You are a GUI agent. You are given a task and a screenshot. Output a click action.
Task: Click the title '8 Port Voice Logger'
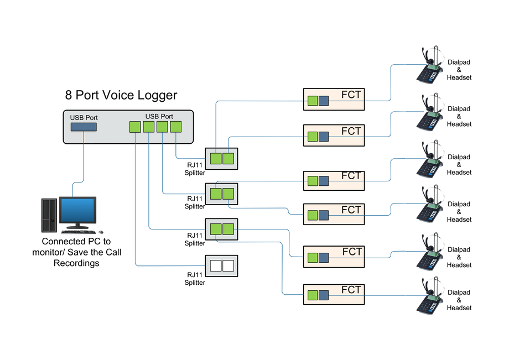point(121,95)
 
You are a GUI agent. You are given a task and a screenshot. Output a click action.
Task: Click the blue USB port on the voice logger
point(84,127)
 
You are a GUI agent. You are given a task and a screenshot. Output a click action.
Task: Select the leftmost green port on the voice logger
point(135,127)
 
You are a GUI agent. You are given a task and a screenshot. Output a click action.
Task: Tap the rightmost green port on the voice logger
point(176,127)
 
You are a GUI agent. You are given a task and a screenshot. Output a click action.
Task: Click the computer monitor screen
point(77,210)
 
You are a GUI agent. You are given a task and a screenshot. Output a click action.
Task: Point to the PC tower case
point(49,215)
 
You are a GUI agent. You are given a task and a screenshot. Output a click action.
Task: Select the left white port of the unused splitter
point(215,265)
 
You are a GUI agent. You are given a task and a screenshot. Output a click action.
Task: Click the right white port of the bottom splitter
point(228,265)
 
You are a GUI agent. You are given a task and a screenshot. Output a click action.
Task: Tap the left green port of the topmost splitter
point(215,159)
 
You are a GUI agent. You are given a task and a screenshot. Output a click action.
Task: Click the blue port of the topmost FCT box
point(324,101)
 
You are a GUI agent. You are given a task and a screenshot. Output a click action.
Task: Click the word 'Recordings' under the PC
point(76,263)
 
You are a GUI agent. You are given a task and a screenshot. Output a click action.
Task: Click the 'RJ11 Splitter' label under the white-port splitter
point(195,279)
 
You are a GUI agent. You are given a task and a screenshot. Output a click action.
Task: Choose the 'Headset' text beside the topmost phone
point(459,78)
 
